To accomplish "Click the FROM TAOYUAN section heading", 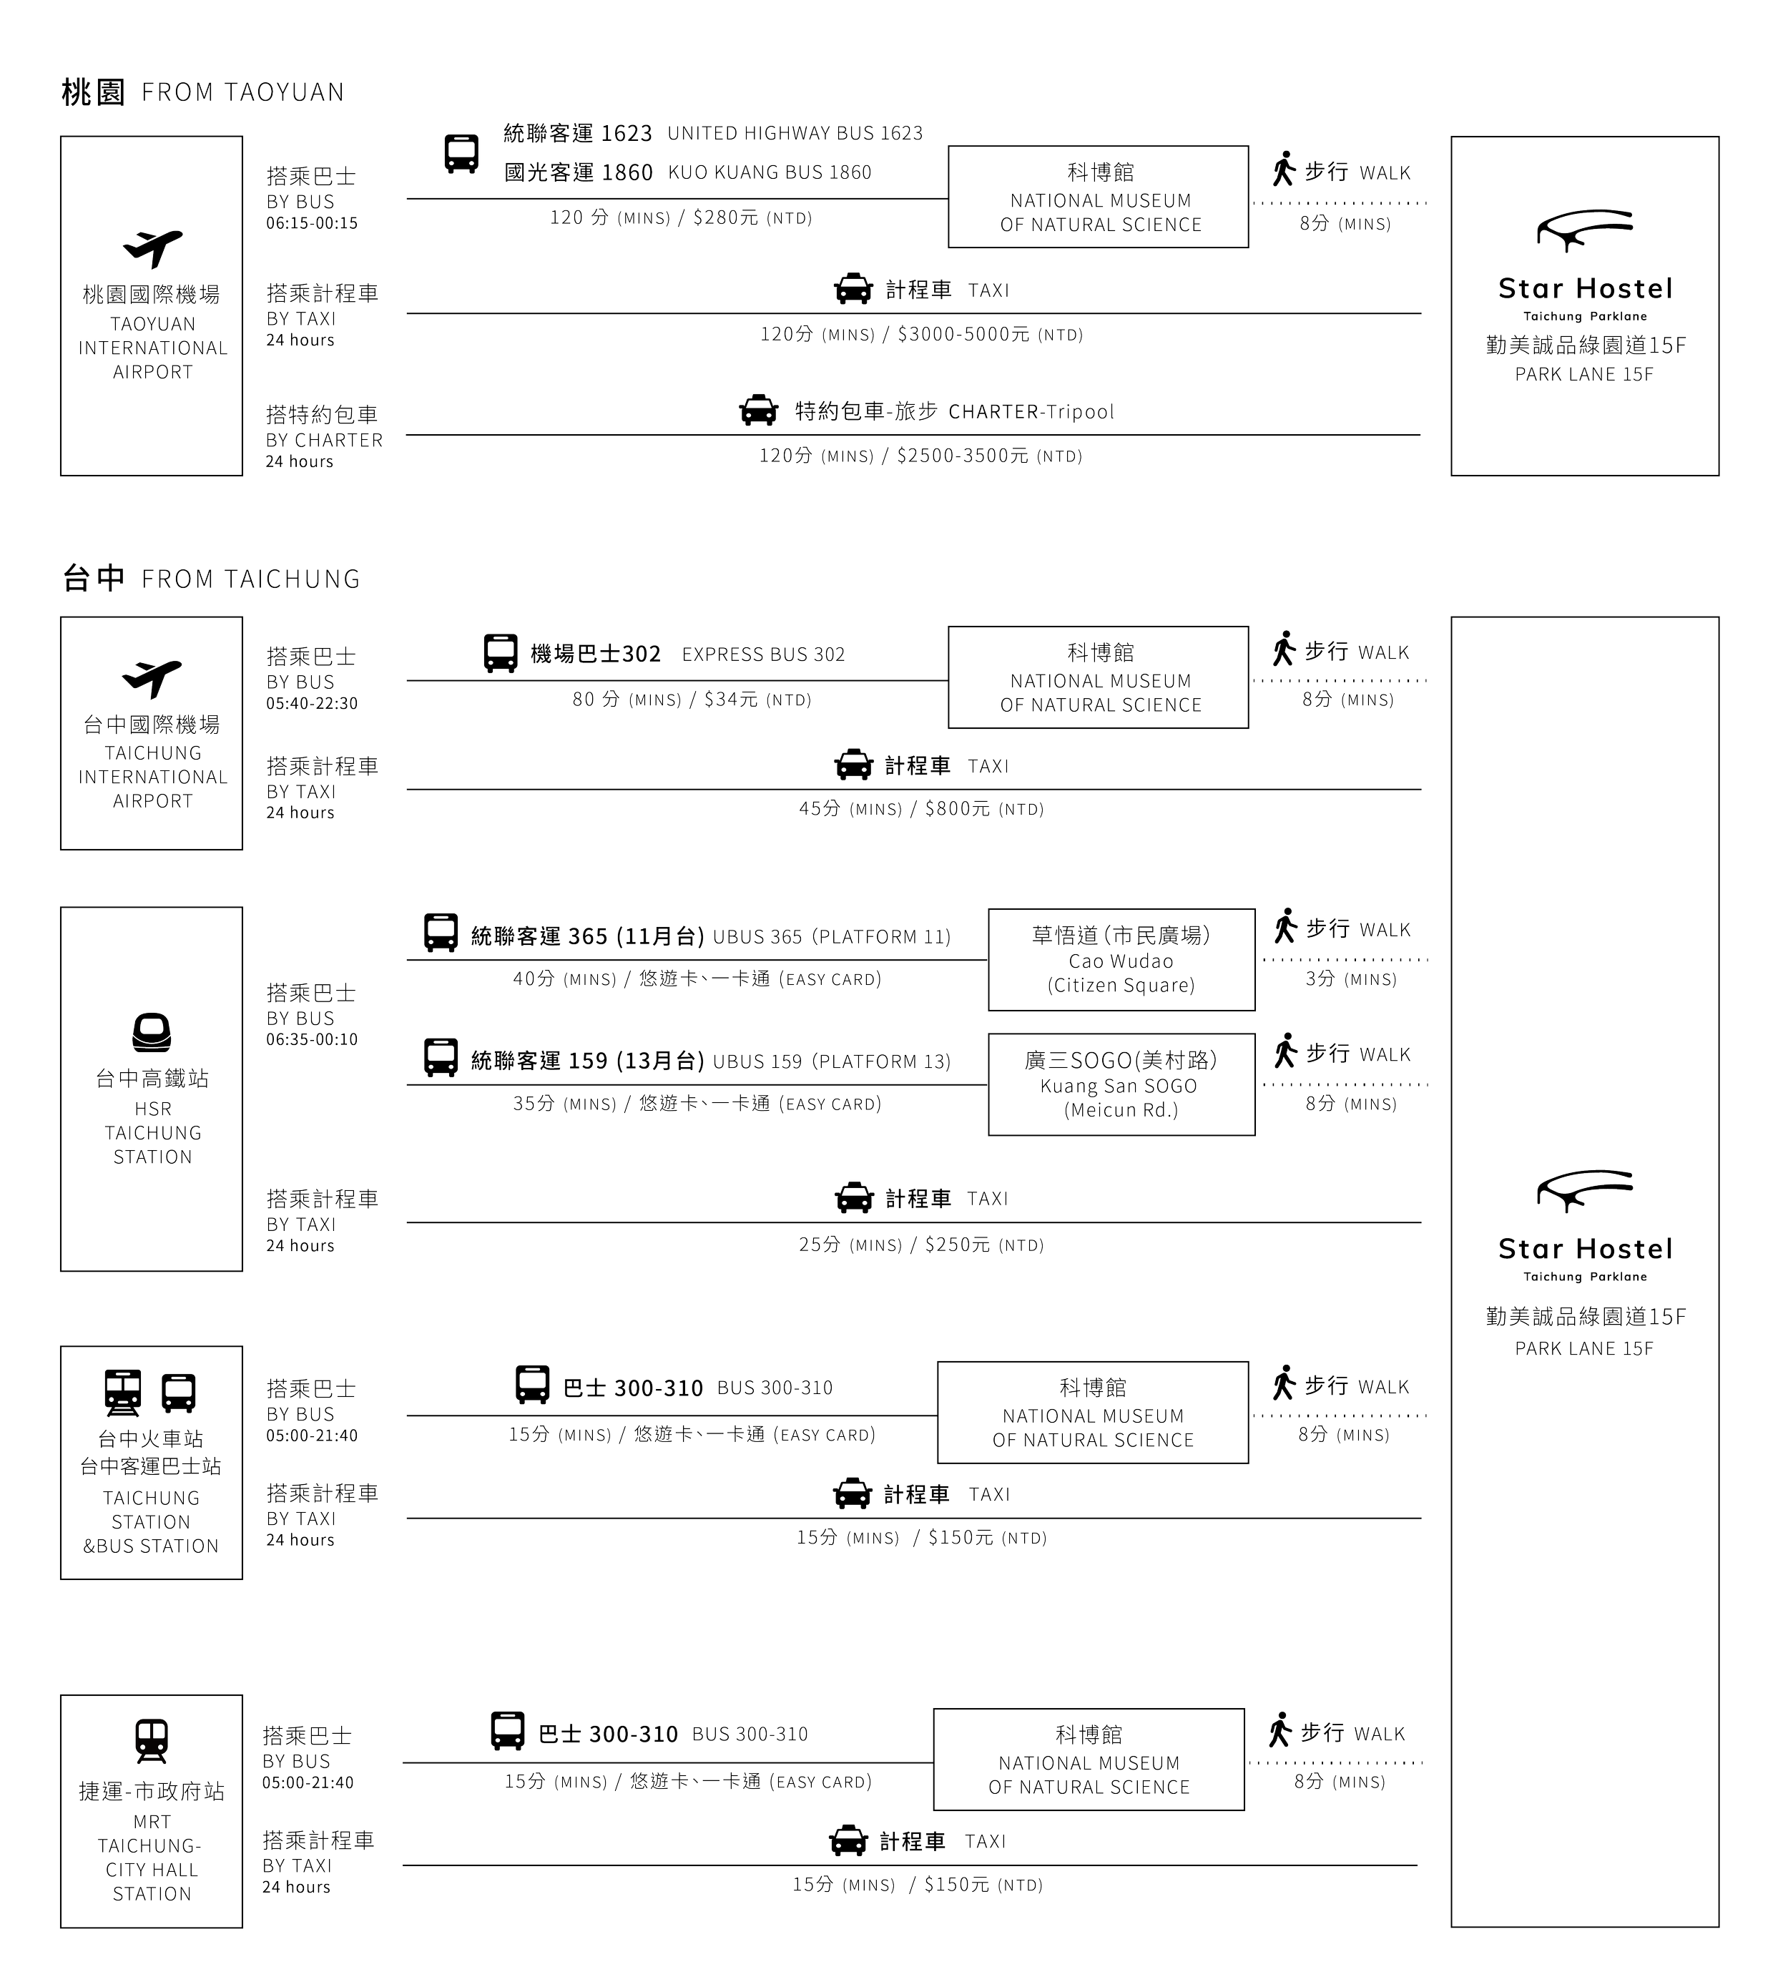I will click(x=242, y=92).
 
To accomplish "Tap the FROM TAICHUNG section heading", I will click(x=250, y=579).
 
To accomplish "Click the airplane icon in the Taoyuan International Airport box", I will click(x=152, y=247).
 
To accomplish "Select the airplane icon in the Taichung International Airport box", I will click(x=152, y=678).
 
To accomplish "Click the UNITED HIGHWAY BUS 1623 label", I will click(x=794, y=132).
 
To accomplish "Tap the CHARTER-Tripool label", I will click(x=1031, y=412).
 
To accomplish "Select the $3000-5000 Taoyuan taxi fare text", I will click(x=963, y=335).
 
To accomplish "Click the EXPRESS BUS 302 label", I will click(x=762, y=654).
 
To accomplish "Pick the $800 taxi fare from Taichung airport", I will click(x=957, y=810).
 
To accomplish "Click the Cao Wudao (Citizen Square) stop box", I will click(x=1121, y=960).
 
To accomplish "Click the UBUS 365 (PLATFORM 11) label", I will click(x=831, y=936).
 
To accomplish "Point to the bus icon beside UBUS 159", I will click(x=440, y=1057).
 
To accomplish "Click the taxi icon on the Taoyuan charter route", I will click(x=757, y=411).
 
